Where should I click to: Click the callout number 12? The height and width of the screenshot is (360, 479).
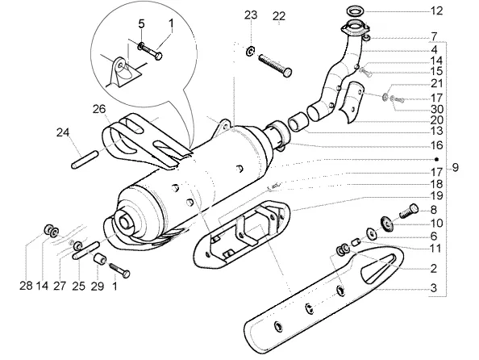[436, 11]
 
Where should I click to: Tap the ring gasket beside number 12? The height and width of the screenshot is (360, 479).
[356, 10]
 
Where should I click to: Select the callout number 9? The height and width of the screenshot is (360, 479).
[455, 168]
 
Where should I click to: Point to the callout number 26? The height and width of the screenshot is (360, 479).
[99, 109]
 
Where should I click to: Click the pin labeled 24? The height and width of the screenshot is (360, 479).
[85, 159]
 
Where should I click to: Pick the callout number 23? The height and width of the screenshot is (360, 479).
[251, 15]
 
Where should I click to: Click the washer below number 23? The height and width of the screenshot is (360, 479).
[250, 51]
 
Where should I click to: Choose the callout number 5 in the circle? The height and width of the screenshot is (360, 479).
[141, 24]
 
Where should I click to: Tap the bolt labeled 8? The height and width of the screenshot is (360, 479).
[408, 211]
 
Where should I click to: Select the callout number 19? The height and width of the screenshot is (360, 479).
[436, 195]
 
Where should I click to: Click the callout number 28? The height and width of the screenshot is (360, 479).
[26, 286]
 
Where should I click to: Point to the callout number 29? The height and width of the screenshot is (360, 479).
[98, 287]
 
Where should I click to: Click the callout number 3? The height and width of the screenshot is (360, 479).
[434, 288]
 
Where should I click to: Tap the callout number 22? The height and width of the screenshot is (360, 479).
[279, 16]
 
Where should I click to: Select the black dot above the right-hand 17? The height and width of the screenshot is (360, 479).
[437, 159]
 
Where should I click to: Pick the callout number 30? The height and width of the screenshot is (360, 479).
[436, 109]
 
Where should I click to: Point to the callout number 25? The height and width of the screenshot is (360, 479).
[78, 287]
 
